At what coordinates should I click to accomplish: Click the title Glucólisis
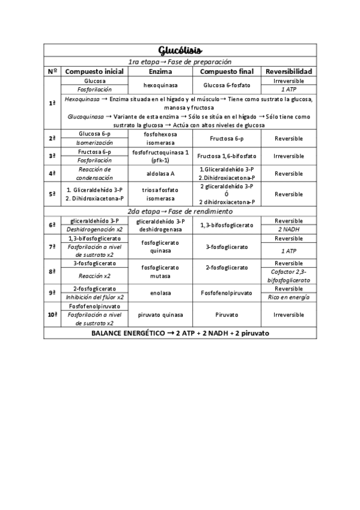coord(180,49)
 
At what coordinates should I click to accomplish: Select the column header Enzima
coord(160,71)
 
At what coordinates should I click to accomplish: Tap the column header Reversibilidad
coord(288,71)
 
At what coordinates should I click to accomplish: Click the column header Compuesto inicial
coord(94,71)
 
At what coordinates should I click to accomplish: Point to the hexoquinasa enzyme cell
coord(160,85)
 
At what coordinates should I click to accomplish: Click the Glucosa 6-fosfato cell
coord(226,85)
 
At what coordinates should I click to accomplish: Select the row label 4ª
coord(52,174)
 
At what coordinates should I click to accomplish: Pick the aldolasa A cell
coord(160,174)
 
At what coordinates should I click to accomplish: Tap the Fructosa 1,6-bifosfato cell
coord(226,156)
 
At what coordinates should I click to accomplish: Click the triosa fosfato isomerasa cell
coord(160,194)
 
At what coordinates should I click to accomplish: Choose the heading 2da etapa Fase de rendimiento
coord(180,211)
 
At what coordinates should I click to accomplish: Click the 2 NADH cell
coord(288,229)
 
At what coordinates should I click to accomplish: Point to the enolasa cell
coord(160,293)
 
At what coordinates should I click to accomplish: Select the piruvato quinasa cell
coord(160,315)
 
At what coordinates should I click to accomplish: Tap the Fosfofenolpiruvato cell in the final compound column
coord(226,293)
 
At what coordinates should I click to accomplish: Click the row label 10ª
coord(52,315)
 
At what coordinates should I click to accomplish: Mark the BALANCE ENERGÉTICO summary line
coord(180,333)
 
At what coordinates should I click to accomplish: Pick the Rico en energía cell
coord(288,297)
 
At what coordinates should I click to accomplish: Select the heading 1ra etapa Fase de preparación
coord(180,61)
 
